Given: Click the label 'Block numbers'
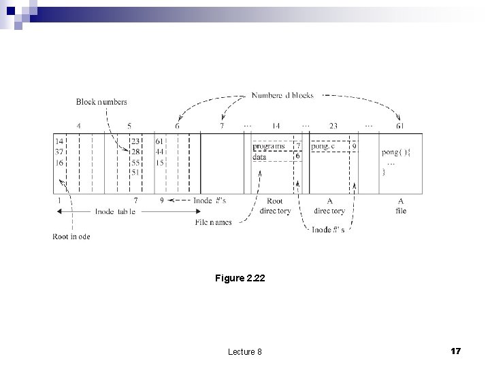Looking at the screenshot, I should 101,102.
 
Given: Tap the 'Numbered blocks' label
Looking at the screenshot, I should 282,96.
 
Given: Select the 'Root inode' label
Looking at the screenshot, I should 71,237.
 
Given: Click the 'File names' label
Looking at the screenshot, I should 213,222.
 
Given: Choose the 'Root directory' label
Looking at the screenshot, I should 275,206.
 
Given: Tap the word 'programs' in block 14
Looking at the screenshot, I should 269,146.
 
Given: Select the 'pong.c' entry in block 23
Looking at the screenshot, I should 323,146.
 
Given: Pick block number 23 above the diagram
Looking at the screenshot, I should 333,126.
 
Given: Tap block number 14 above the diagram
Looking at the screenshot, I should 276,126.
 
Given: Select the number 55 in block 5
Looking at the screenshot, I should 135,163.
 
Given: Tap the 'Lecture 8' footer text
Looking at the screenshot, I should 245,351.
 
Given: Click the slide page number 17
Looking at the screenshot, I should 456,351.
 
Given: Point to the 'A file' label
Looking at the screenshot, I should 401,206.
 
